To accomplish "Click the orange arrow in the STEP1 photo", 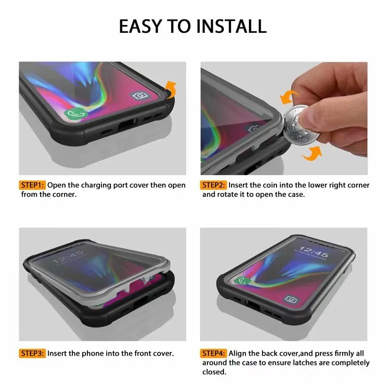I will (170, 89).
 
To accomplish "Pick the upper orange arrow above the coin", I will (285, 96).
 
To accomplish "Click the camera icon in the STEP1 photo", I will (140, 96).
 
